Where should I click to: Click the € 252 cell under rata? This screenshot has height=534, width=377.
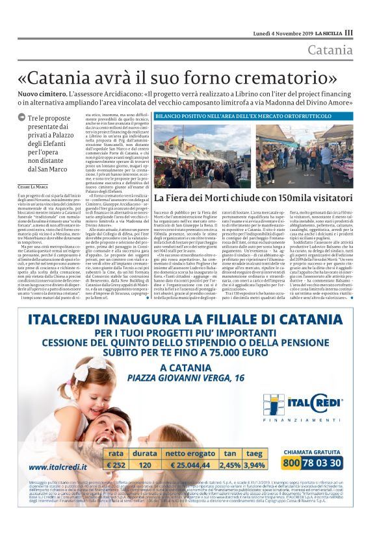pyautogui.click(x=116, y=465)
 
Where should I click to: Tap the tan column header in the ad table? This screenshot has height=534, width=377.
pyautogui.click(x=229, y=454)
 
